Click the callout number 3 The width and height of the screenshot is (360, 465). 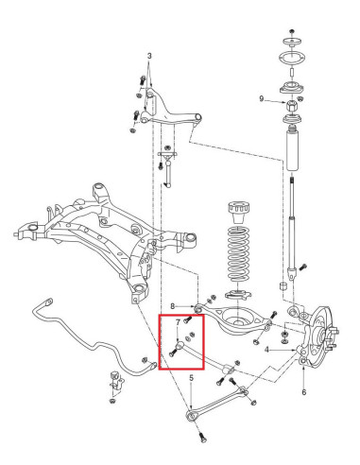tap(149, 56)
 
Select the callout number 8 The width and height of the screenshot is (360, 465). tap(174, 305)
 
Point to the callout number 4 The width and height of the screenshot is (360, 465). tap(267, 349)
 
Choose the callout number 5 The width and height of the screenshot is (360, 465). tap(302, 392)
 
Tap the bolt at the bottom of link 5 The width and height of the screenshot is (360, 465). tap(203, 438)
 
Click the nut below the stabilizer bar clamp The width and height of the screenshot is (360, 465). tap(111, 401)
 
